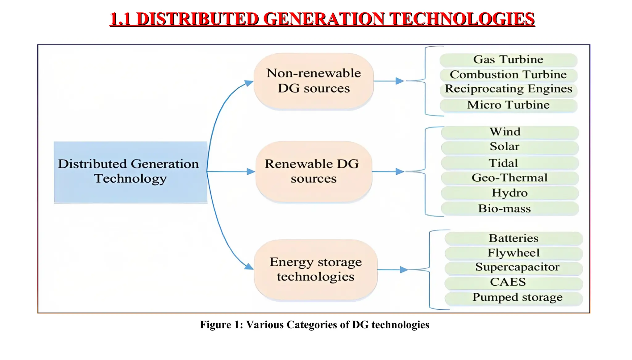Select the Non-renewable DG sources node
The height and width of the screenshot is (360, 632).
314,81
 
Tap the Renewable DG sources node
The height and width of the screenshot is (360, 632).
314,171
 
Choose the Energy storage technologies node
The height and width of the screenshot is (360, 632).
315,269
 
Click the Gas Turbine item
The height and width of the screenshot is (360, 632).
508,60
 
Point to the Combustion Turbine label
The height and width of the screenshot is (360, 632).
508,75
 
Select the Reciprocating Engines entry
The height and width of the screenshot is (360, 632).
508,89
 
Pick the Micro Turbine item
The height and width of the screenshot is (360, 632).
508,105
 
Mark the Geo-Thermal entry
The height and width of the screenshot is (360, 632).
509,178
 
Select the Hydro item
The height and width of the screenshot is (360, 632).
509,193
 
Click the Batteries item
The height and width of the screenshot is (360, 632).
513,238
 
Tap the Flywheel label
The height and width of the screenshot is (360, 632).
513,253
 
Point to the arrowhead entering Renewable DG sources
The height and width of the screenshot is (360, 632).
251,172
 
